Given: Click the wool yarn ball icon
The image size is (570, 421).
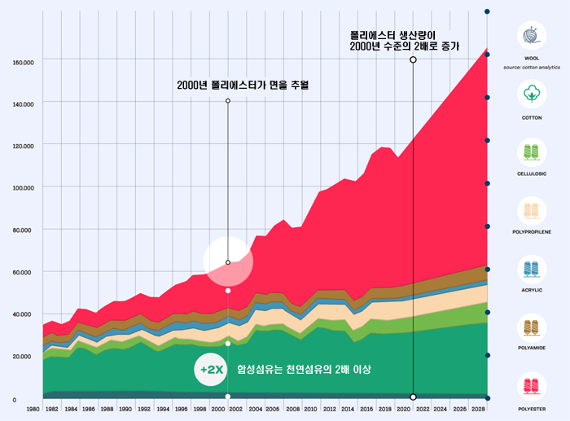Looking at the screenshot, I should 533,37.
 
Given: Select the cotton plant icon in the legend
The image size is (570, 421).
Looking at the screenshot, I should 533,94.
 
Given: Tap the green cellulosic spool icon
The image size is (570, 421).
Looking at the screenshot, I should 533,152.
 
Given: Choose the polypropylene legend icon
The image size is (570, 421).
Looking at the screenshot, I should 533,210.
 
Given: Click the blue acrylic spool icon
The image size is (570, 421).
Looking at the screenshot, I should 533,268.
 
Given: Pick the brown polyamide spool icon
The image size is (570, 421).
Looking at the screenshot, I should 533,326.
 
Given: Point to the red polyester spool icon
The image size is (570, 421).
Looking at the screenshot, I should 533,384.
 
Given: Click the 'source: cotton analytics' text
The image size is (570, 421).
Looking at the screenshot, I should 533,67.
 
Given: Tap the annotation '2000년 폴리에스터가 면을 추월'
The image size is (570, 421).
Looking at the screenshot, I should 243,85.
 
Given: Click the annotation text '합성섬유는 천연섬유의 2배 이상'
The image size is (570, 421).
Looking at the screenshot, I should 303,371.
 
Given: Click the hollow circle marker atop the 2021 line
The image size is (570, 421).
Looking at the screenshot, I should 414,59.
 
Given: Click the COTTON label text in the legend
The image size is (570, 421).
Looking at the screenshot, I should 533,117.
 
